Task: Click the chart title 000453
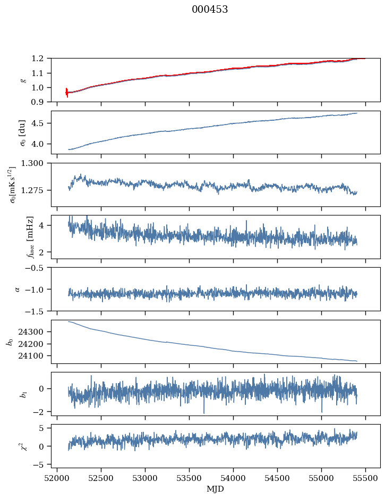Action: [210, 10]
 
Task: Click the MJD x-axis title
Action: [216, 489]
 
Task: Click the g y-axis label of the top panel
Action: [23, 80]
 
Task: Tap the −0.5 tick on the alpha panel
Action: [37, 268]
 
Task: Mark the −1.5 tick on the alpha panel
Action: [37, 311]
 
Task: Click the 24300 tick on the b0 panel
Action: [36, 331]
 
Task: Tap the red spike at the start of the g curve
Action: [66, 93]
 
